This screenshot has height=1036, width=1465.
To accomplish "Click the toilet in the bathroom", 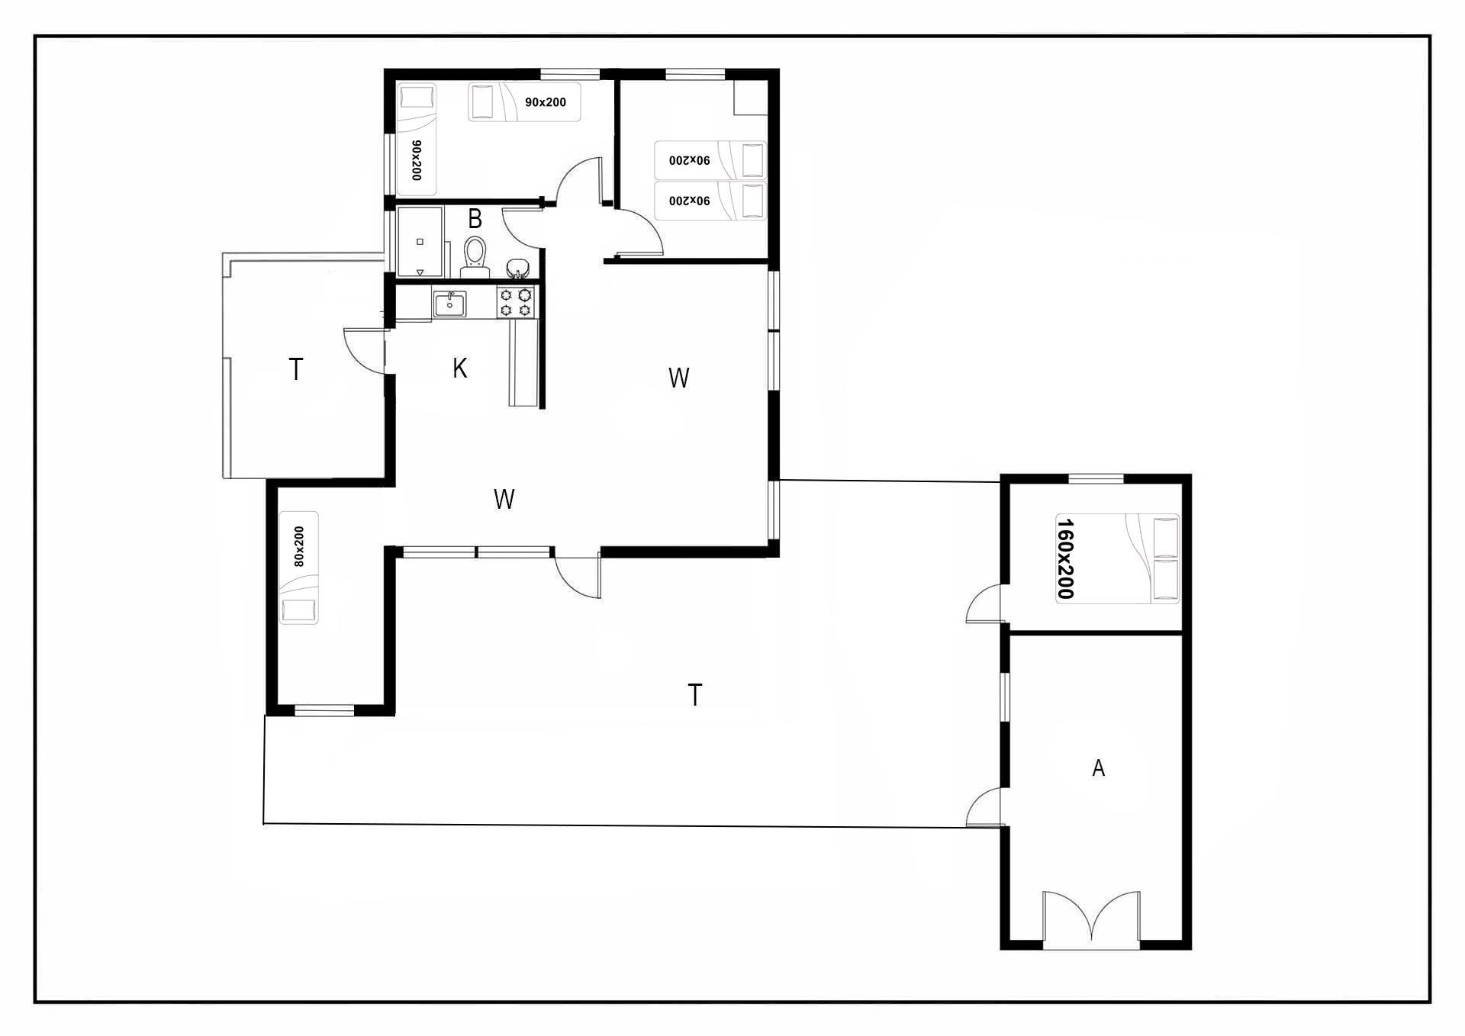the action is [x=475, y=257].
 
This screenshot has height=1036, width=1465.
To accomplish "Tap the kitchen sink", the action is [x=450, y=304].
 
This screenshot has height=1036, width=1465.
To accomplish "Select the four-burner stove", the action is [x=516, y=302].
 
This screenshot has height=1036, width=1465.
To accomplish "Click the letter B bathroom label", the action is [x=475, y=219].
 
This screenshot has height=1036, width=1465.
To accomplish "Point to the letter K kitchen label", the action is [x=459, y=368].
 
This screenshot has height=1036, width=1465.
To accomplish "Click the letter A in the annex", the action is [x=1099, y=767].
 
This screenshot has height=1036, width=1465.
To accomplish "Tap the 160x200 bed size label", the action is [x=1065, y=558].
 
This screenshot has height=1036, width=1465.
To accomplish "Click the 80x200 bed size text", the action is [x=298, y=546].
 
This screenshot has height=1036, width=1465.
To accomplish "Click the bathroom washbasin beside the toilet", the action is [x=519, y=268].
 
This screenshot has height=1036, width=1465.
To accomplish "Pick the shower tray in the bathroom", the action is [x=420, y=242].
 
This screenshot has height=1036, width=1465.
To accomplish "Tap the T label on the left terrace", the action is [x=296, y=369].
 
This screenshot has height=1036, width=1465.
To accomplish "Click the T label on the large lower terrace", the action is [x=694, y=695].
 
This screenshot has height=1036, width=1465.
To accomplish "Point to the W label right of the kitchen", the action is [x=678, y=378].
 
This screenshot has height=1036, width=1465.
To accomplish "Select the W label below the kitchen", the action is [x=504, y=499].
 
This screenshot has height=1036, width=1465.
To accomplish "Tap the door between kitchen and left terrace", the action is [x=365, y=350].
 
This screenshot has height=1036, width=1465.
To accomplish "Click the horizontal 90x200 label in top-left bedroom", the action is [x=546, y=102].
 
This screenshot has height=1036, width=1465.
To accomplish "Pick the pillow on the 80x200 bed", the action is [x=298, y=610].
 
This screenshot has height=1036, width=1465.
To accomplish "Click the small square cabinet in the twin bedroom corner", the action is [x=751, y=98].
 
